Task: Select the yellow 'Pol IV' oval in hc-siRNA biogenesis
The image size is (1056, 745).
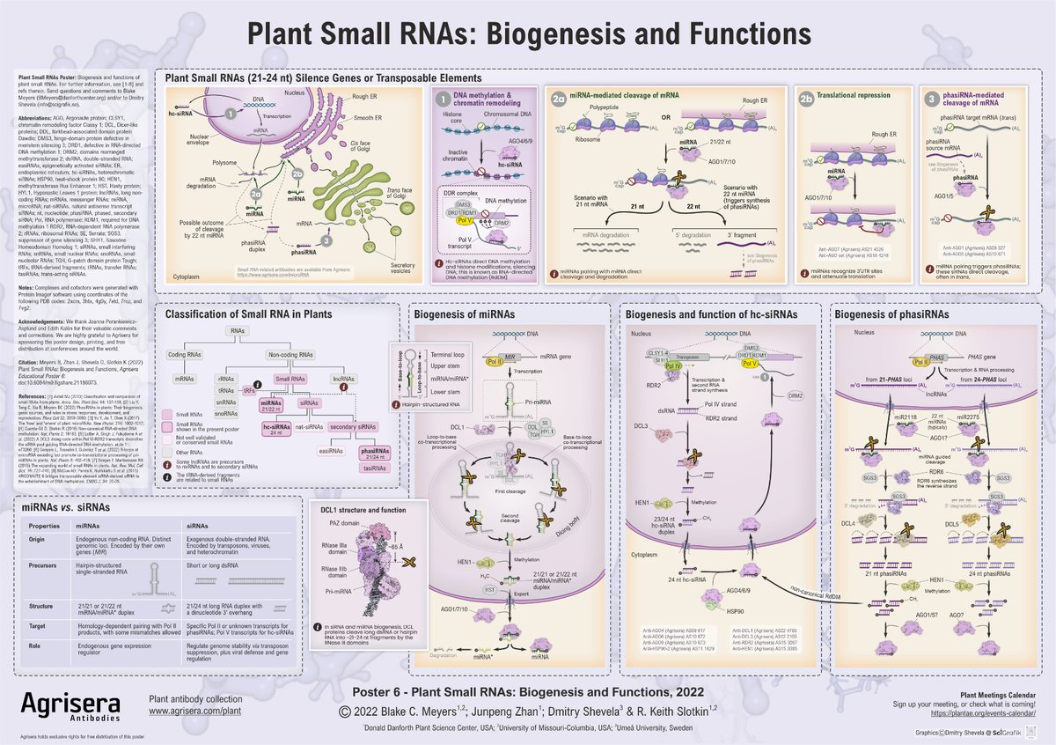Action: (x=673, y=365)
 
